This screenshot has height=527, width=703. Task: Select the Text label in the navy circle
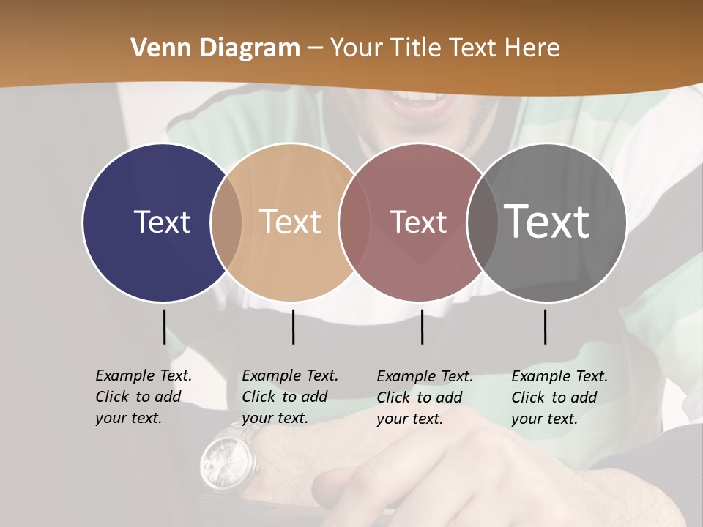(162, 222)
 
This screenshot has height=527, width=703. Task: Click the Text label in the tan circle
(291, 222)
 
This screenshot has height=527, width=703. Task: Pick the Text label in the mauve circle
(418, 222)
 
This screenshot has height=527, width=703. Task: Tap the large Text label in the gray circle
(547, 221)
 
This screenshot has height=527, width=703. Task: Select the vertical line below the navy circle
(164, 326)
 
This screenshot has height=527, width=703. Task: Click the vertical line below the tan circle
(293, 326)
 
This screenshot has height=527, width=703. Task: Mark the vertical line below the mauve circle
(423, 326)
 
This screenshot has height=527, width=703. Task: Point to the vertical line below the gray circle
(546, 326)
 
